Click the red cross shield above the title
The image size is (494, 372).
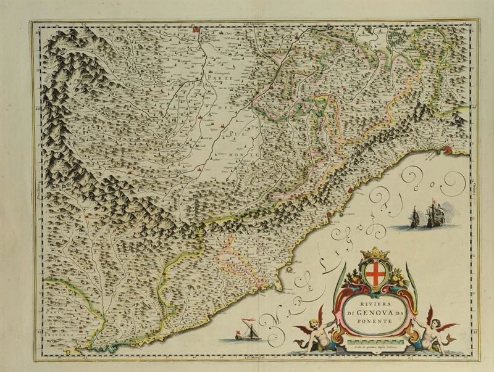click(x=375, y=277)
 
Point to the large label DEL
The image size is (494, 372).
click(x=223, y=110)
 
